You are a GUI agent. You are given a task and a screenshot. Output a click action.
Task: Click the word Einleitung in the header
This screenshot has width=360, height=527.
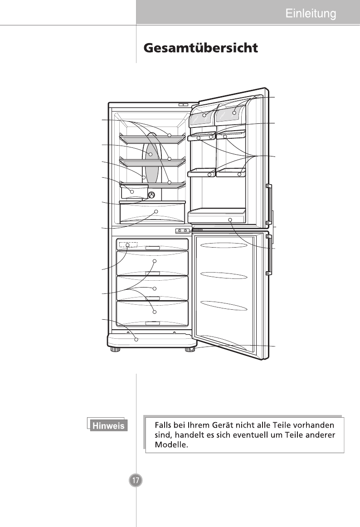[311, 14]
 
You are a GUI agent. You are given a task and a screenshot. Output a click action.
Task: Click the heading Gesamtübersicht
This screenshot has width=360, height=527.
[201, 48]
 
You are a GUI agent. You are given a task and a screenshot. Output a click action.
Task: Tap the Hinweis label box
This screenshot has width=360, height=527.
[108, 425]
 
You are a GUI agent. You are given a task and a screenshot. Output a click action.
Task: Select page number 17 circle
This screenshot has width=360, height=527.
[136, 480]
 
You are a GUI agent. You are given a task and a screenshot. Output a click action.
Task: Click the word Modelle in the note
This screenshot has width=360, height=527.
[171, 444]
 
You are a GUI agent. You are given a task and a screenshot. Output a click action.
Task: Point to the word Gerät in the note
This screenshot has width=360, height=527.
[222, 425]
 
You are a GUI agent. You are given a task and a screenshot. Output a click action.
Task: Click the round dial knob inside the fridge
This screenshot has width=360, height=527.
[152, 195]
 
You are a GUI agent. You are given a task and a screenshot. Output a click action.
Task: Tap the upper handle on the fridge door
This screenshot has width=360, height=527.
[268, 204]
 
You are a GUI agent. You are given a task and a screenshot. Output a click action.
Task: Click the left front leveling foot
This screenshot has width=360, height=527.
[115, 350]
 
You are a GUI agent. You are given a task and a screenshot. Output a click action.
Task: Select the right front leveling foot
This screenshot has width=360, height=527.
[190, 350]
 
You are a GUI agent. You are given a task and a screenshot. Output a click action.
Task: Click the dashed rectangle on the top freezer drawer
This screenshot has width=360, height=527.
[128, 244]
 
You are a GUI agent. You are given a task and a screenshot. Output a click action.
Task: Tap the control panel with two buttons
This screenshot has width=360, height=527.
[182, 230]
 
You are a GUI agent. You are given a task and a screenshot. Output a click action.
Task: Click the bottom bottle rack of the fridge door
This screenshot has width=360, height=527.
[217, 216]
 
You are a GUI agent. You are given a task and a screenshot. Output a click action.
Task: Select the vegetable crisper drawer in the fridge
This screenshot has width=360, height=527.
[152, 213]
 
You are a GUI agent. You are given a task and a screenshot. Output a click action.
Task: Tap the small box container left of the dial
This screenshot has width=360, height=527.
[132, 192]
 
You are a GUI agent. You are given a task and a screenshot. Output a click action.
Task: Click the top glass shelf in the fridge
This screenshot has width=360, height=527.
[152, 139]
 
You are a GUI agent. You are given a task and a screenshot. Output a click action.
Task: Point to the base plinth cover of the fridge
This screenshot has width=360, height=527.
[152, 341]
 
